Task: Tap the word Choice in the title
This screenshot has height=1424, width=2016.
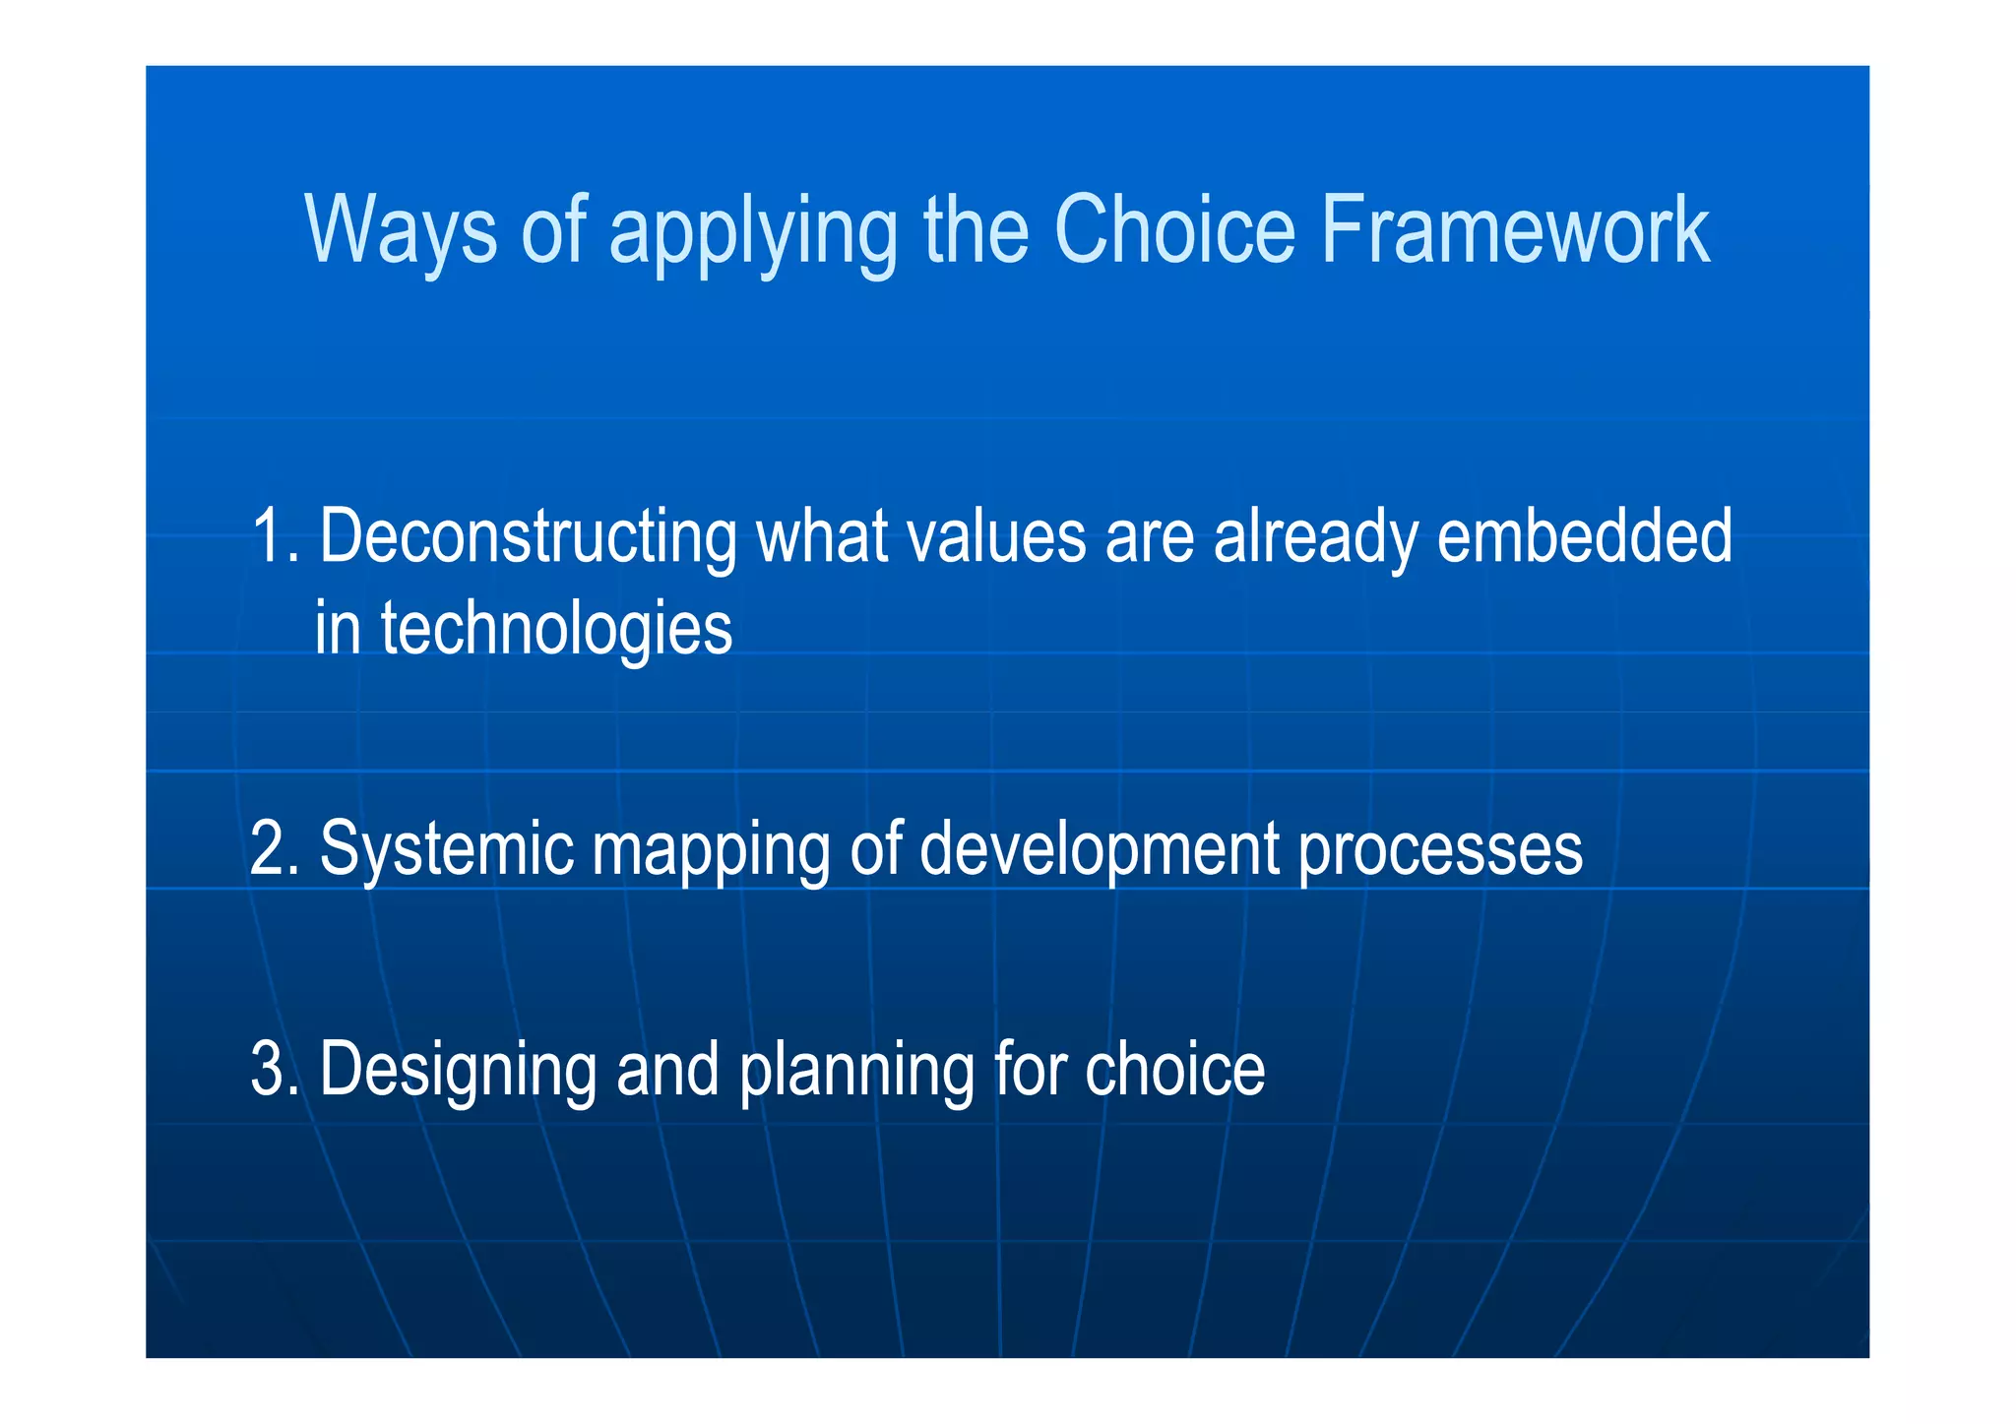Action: [x=1175, y=229]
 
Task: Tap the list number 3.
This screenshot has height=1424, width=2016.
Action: [x=273, y=1070]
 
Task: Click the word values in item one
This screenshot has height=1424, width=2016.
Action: [x=995, y=536]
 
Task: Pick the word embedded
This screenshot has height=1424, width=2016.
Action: [x=1584, y=536]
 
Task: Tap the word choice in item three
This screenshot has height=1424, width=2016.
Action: [x=1174, y=1071]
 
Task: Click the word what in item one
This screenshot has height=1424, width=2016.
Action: [x=821, y=536]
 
